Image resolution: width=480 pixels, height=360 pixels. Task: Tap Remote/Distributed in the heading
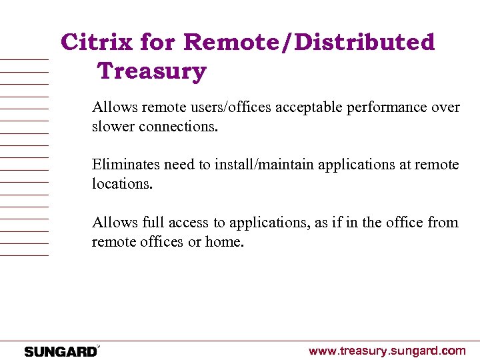(x=309, y=42)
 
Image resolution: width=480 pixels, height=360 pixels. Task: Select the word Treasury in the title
(x=152, y=70)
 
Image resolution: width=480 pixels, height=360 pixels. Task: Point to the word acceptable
(x=305, y=107)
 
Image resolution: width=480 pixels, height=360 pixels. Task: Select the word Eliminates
(x=126, y=164)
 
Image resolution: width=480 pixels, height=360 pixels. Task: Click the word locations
(x=123, y=183)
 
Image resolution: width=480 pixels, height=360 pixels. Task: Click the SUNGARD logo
(x=61, y=351)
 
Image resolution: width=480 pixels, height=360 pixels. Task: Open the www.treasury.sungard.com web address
(x=387, y=351)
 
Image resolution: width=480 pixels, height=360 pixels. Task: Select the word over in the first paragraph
(x=447, y=107)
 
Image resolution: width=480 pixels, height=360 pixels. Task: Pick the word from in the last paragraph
(x=443, y=222)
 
